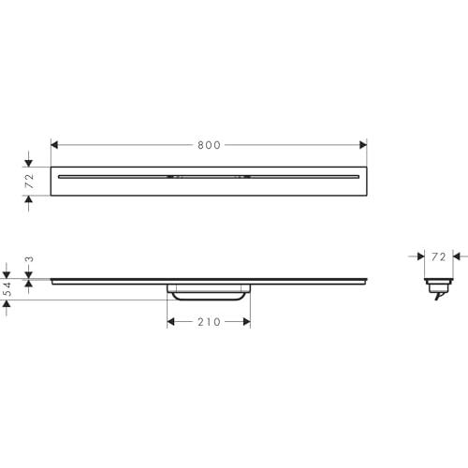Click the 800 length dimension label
click(x=209, y=145)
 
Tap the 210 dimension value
click(x=209, y=322)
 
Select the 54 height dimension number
click(x=7, y=289)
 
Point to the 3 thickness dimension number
click(x=29, y=259)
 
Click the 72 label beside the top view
click(x=29, y=181)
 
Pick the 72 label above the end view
click(x=439, y=256)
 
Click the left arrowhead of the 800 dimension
click(x=54, y=145)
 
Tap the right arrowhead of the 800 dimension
click(x=363, y=145)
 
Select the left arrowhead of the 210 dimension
click(x=170, y=322)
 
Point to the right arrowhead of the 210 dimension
click(x=247, y=322)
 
